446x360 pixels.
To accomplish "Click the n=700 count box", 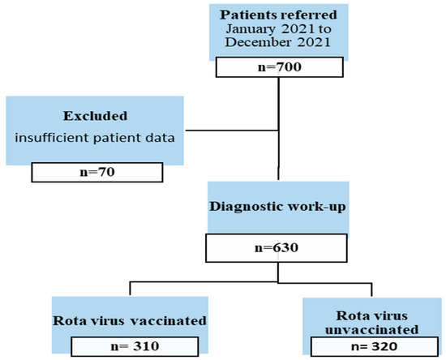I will (278, 67).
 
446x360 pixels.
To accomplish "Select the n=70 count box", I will (96, 172).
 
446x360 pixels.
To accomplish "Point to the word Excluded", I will (94, 116).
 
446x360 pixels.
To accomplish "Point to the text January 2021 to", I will (277, 30).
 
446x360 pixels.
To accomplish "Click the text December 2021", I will (277, 45).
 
